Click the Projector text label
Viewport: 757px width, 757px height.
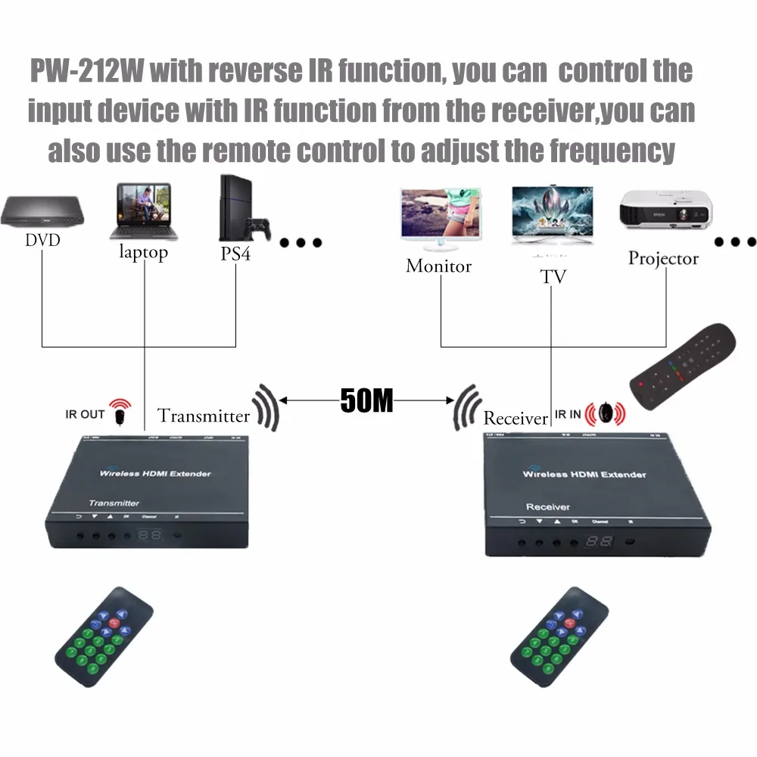[663, 258]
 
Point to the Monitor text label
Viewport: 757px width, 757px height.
[438, 266]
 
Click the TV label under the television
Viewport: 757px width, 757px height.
[553, 277]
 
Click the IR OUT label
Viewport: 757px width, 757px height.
[85, 414]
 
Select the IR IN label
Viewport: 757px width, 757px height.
[568, 414]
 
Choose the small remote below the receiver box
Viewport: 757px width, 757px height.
[559, 634]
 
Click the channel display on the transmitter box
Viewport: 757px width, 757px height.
[150, 534]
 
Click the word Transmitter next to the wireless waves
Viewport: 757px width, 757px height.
[203, 416]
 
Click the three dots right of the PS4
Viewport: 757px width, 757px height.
[301, 243]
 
